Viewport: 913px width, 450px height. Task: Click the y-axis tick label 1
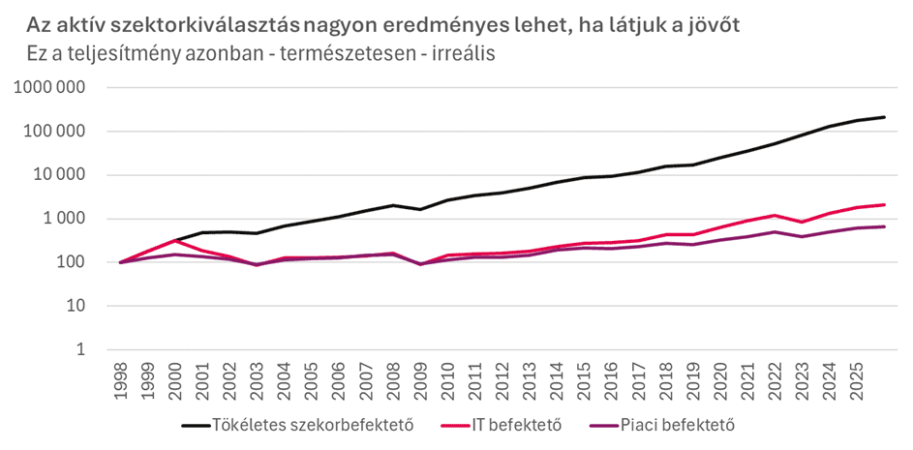click(x=82, y=350)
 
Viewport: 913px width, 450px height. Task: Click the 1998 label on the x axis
click(x=121, y=379)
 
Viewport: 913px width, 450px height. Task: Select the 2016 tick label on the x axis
click(x=611, y=379)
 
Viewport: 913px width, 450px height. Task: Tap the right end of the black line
click(x=885, y=117)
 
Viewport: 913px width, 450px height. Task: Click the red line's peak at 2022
click(x=775, y=216)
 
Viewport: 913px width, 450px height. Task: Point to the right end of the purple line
click(x=885, y=226)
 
